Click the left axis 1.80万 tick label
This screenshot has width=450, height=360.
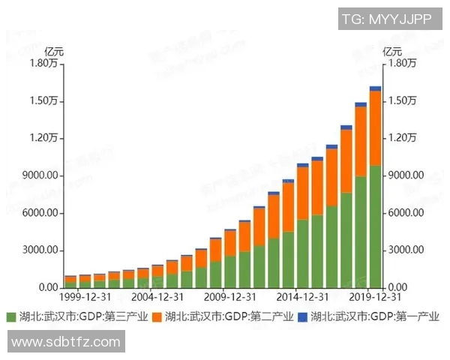43,64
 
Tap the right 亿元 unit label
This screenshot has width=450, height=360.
392,52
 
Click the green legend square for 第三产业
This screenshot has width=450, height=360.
10,316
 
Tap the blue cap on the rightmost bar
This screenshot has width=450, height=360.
375,88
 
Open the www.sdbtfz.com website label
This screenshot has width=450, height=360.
66,342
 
